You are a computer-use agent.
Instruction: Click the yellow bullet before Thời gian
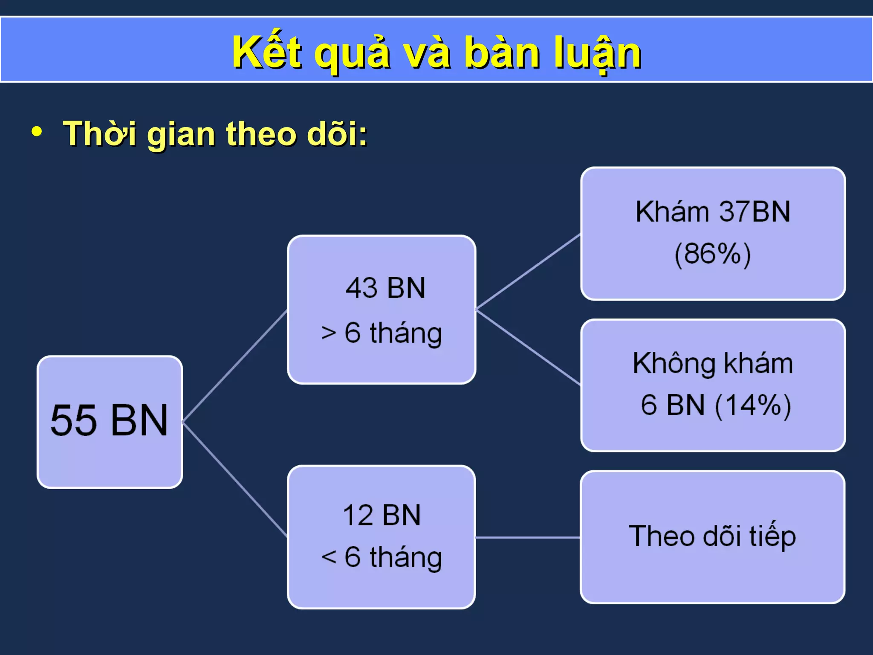37,132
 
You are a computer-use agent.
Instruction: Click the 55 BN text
110,420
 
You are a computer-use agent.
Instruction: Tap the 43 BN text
385,288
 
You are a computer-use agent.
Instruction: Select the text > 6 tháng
382,333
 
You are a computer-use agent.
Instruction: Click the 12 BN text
382,515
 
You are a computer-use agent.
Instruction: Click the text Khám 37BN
713,212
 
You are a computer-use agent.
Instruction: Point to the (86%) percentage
713,254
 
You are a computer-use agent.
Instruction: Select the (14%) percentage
753,405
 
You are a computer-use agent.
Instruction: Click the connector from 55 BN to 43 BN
235,366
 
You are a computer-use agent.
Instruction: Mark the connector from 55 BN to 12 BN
235,479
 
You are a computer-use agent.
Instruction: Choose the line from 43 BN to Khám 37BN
528,271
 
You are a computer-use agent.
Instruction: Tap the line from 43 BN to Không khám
528,347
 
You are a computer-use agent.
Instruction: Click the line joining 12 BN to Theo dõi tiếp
528,538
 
